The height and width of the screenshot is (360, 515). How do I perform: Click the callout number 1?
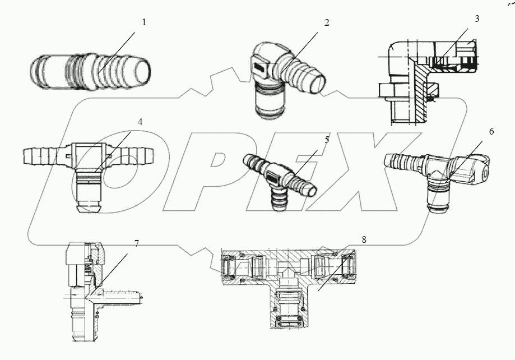(x=144, y=22)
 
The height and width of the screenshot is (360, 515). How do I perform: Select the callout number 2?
(x=327, y=23)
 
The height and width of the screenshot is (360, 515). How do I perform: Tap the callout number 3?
(x=476, y=19)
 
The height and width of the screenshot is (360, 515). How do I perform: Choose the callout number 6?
(x=491, y=132)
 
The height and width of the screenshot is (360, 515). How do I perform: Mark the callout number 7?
(x=136, y=243)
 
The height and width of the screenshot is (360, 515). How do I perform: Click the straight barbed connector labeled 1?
(x=90, y=73)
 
